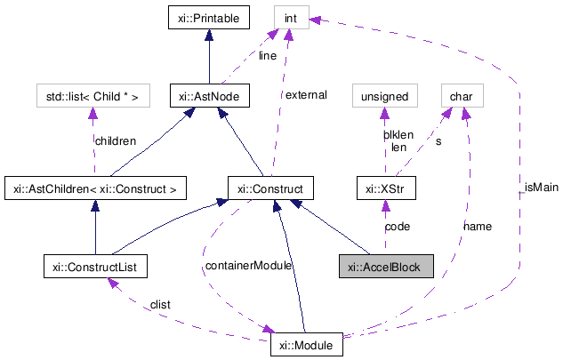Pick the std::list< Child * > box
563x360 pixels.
pos(93,94)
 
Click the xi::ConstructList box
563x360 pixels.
pos(95,266)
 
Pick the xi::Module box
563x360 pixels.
pos(306,343)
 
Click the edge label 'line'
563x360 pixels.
pos(268,55)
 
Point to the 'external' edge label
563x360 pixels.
pos(306,94)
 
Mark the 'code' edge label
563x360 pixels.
pos(397,227)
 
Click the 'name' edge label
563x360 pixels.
pos(477,227)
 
